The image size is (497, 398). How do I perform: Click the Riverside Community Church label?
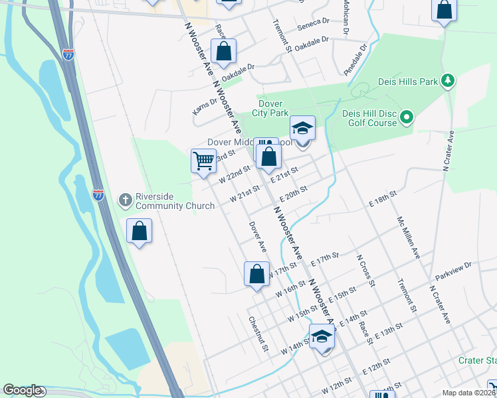[x=175, y=201]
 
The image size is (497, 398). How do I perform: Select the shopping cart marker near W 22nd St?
[x=203, y=160]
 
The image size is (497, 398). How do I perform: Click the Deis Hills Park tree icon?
[x=448, y=81]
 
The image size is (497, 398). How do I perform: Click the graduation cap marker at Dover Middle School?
[x=302, y=127]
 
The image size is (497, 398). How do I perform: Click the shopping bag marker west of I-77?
[x=140, y=231]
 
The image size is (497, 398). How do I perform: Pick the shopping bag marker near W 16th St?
[x=256, y=273]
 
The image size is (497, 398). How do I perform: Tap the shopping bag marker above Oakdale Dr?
[x=224, y=51]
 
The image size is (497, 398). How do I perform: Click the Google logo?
[x=22, y=390]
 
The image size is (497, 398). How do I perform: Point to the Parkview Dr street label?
[x=453, y=269]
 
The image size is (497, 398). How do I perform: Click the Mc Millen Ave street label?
[x=409, y=237]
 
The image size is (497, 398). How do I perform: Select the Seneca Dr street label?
[x=314, y=22]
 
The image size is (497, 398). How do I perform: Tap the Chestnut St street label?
[x=258, y=334]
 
